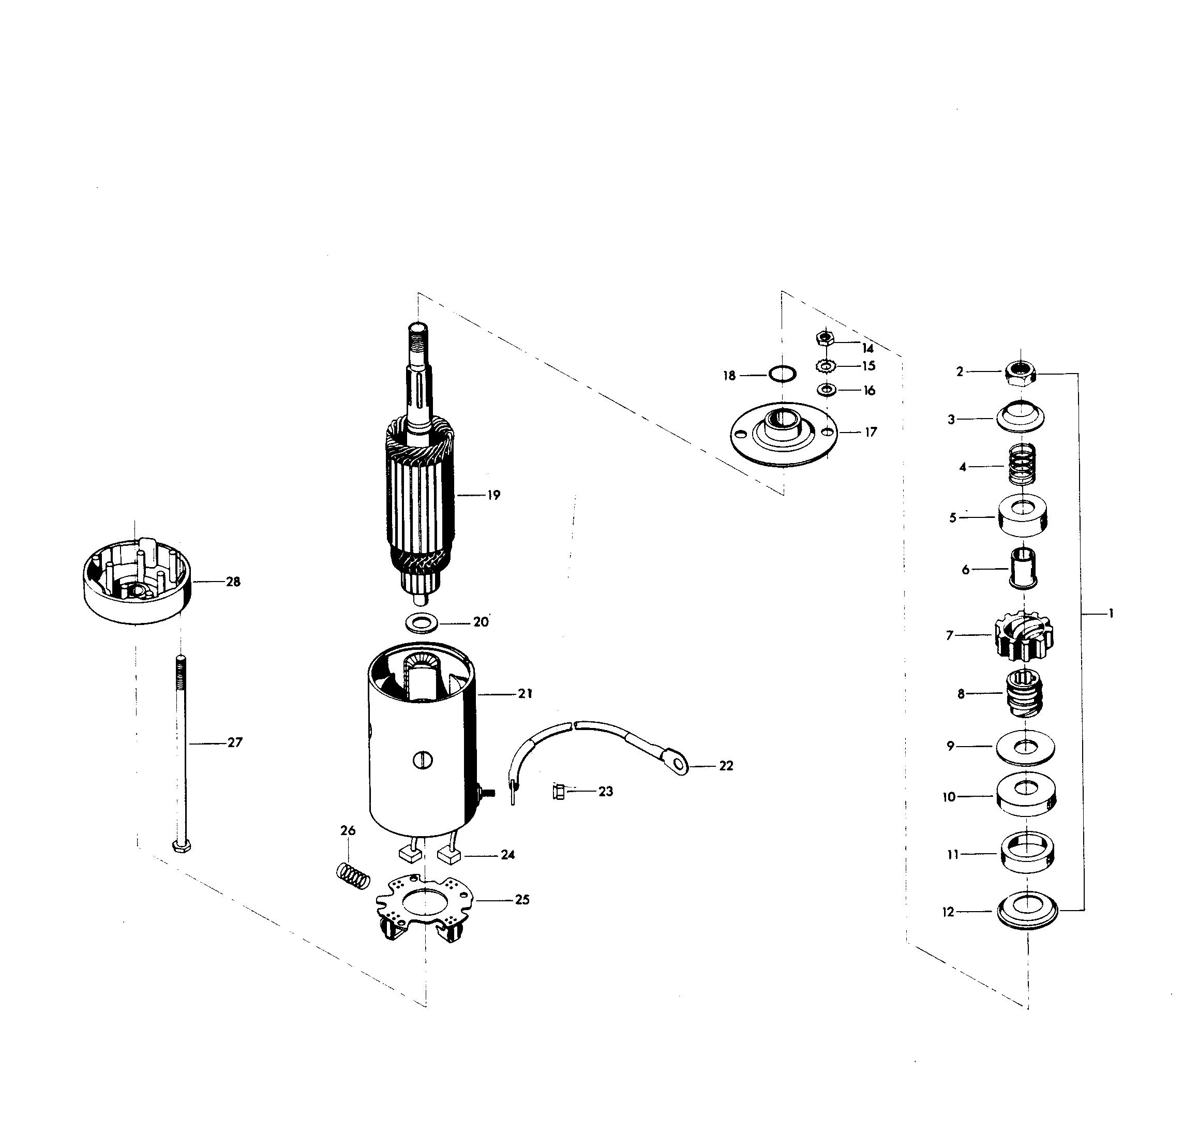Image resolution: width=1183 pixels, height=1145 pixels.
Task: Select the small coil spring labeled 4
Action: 1023,465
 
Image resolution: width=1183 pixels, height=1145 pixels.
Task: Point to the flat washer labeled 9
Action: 1024,748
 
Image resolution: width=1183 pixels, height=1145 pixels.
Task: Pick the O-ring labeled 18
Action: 782,375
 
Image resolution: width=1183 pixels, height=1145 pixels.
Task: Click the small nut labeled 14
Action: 825,338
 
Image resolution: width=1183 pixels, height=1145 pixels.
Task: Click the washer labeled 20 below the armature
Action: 420,622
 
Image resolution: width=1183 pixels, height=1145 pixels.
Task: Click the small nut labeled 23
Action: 558,791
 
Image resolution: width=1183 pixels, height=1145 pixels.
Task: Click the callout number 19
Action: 493,496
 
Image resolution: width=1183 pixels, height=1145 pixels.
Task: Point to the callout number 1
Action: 1111,614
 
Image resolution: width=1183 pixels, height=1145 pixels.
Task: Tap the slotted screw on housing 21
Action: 424,760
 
